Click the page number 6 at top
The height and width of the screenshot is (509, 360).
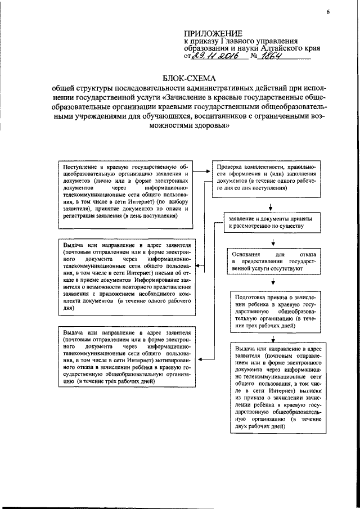pyautogui.click(x=327, y=13)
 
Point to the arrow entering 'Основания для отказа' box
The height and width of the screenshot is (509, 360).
pyautogui.click(x=272, y=243)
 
